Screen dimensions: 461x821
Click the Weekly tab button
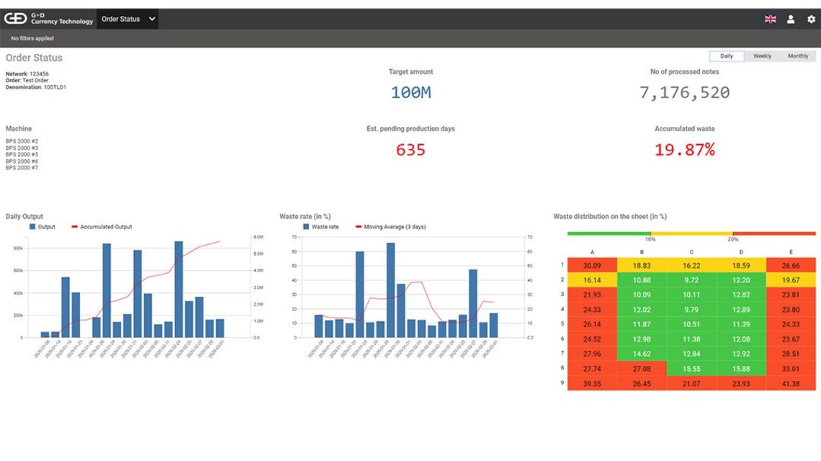(762, 56)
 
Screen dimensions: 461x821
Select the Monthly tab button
(798, 56)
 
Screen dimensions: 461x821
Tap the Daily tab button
(727, 56)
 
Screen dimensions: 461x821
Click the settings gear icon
(811, 19)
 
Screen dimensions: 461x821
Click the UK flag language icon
(770, 19)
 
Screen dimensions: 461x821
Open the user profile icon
(791, 19)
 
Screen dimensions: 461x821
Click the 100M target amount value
(410, 92)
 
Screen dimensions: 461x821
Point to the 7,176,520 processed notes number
(684, 92)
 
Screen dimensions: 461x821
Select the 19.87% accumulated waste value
(684, 150)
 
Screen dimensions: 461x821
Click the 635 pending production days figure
(410, 150)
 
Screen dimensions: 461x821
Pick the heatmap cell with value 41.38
(790, 384)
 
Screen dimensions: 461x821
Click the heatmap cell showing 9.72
(691, 279)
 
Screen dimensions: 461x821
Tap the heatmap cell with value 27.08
(642, 368)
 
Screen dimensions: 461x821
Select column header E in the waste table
(790, 252)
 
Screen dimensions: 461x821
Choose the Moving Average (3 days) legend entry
(394, 227)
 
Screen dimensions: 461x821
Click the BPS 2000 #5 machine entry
(22, 155)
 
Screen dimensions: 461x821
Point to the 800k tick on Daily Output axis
(19, 249)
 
